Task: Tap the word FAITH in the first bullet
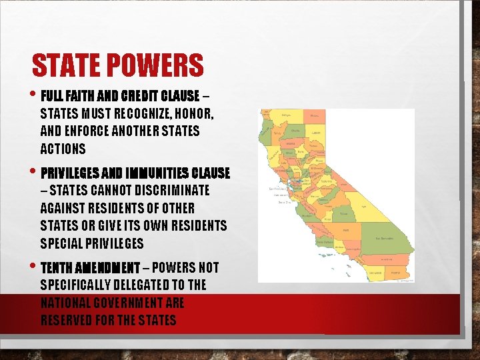coord(84,95)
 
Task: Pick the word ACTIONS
coord(63,149)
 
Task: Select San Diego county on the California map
coord(376,273)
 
